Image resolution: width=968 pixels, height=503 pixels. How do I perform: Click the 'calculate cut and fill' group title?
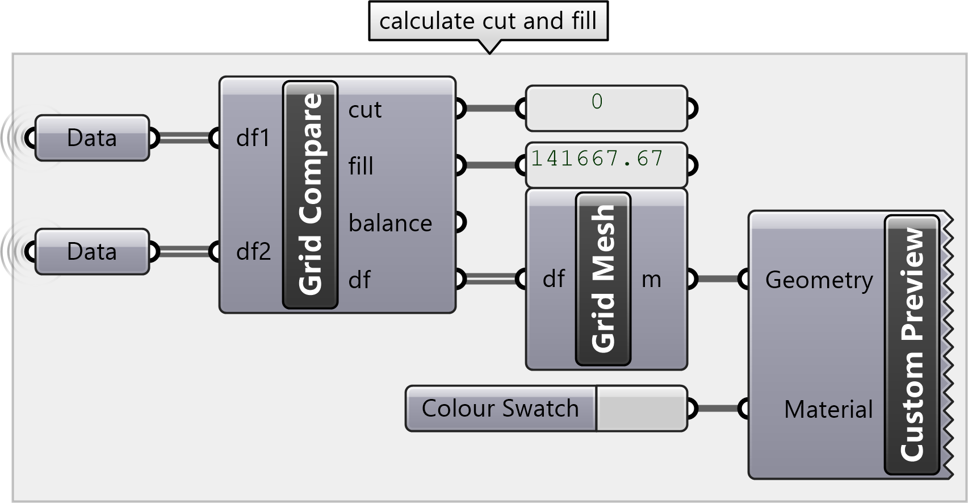(488, 22)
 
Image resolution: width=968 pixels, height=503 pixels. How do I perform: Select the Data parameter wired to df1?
(92, 138)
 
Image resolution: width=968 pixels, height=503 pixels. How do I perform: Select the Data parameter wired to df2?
(92, 252)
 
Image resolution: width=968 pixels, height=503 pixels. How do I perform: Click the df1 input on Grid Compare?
(253, 138)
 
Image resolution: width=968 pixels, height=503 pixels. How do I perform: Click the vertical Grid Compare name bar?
(310, 194)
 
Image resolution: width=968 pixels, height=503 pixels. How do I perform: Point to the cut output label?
(365, 110)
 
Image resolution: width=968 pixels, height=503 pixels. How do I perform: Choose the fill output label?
(361, 167)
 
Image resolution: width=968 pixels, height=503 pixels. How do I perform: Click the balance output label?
(390, 223)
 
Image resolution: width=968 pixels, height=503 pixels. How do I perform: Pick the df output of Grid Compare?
(360, 280)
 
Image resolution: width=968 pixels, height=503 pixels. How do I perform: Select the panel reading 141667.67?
(606, 165)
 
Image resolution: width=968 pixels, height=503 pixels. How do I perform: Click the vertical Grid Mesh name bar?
(603, 278)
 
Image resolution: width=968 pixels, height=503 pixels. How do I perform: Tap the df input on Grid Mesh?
(554, 279)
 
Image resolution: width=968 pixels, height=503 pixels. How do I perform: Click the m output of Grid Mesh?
(651, 279)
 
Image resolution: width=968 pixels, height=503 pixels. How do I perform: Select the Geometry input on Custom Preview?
(819, 280)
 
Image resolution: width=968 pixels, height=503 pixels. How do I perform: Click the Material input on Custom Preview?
(828, 409)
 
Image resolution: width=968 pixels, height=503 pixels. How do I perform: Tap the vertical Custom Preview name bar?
(912, 344)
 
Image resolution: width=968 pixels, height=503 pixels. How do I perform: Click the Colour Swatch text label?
(500, 409)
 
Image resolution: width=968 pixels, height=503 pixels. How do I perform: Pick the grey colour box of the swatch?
(641, 409)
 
